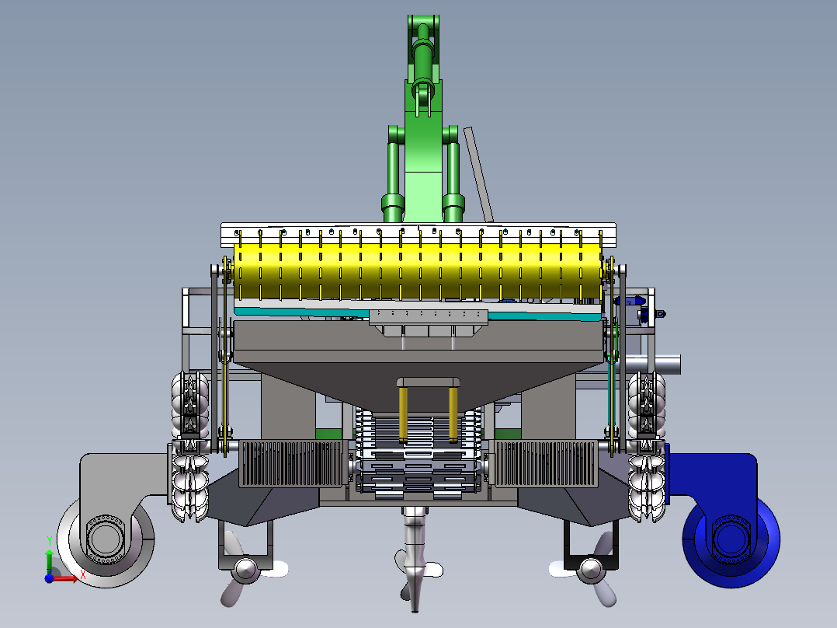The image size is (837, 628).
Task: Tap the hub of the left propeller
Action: [246, 570]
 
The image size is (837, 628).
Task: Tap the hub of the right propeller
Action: [591, 570]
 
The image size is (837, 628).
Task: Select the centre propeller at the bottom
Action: [416, 567]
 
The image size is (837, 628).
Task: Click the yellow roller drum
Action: [418, 271]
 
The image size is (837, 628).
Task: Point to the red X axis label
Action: [83, 574]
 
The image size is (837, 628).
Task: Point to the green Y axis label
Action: [50, 541]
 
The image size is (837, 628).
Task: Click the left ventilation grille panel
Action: [291, 463]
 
